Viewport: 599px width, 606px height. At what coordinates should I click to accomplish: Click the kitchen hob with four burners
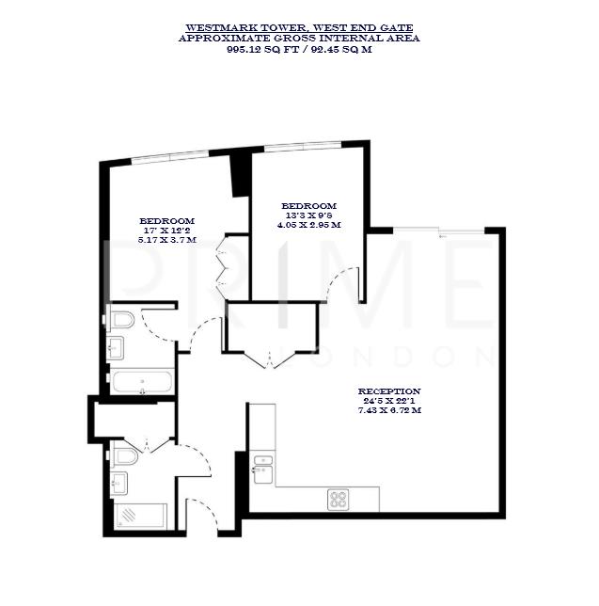point(339,500)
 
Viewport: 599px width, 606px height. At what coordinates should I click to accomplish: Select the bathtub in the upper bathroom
point(142,383)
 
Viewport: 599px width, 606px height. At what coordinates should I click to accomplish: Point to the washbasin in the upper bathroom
point(118,348)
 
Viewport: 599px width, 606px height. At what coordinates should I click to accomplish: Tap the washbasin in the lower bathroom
point(120,484)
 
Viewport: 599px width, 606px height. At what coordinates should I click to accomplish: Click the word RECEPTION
point(388,391)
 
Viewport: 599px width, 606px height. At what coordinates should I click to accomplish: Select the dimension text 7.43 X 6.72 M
point(388,410)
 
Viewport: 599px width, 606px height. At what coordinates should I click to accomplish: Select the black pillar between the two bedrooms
point(240,175)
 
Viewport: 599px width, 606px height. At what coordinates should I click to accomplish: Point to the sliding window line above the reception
point(442,230)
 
